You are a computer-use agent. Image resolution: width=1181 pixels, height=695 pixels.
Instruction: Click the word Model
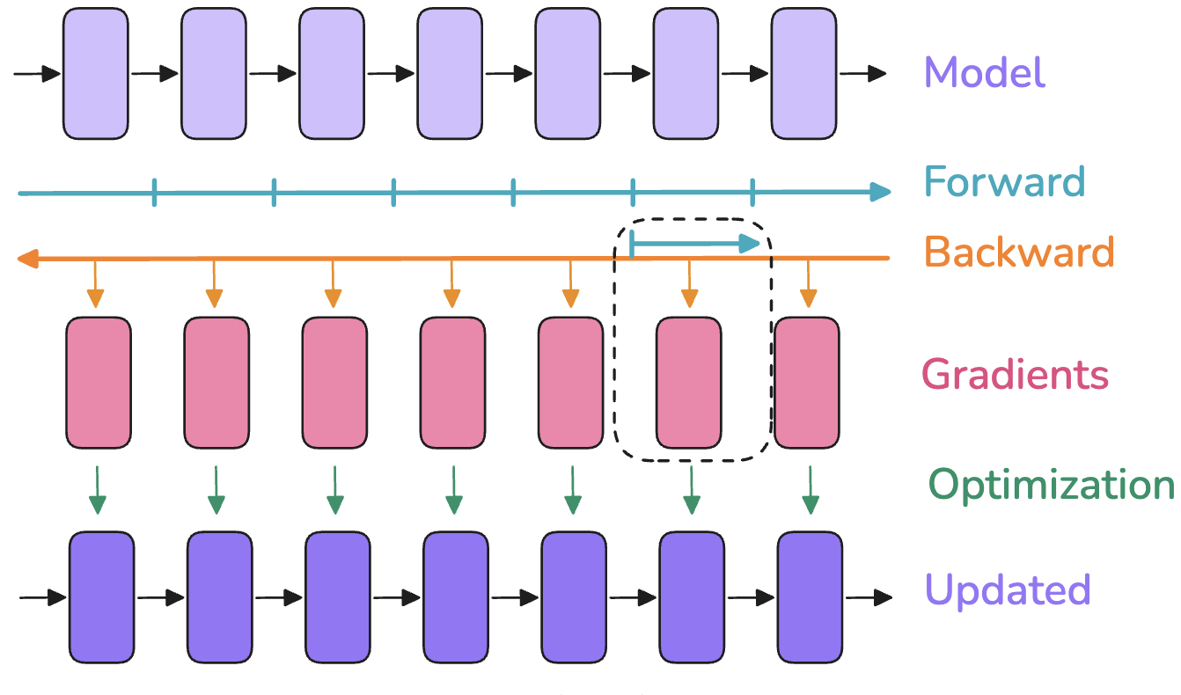(985, 72)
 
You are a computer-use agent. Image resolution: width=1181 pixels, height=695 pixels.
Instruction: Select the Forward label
(1004, 182)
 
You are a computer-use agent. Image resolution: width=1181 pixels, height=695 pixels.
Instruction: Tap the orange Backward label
(1020, 252)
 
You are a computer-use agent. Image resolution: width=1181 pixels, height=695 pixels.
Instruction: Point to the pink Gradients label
(1015, 375)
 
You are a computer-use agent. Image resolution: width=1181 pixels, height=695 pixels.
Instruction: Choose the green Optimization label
(1052, 485)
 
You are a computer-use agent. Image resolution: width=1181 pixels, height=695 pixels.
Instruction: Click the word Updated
(1008, 589)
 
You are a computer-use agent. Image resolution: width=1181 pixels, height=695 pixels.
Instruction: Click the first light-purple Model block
(95, 73)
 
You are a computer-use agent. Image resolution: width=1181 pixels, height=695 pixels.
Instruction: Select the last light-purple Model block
(803, 73)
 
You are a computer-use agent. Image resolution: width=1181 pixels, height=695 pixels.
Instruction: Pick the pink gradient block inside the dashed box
(689, 383)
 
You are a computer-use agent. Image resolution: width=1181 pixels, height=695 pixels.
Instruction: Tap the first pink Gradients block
(99, 383)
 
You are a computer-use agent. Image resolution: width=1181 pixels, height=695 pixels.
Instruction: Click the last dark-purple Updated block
(810, 597)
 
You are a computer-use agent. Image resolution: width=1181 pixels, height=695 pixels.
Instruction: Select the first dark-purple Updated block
(101, 597)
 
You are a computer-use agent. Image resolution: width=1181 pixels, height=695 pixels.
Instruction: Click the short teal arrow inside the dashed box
(695, 244)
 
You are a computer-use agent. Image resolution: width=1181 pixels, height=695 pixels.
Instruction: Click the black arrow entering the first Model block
(38, 74)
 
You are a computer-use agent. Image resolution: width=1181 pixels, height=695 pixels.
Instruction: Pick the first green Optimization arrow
(97, 491)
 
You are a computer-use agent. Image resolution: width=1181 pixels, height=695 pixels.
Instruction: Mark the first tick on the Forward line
(154, 192)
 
